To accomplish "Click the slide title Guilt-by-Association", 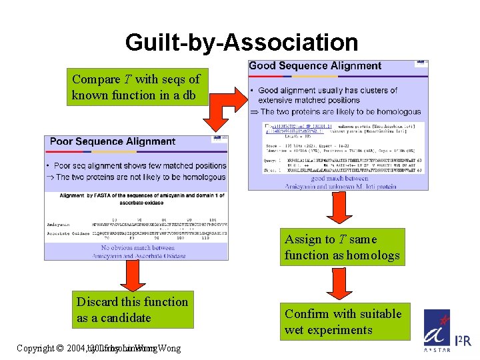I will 241,43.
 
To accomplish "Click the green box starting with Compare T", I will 135,87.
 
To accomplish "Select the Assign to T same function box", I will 342,247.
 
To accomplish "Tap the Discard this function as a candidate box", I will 133,310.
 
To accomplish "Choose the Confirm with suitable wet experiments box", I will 343,321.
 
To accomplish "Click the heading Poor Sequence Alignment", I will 113,141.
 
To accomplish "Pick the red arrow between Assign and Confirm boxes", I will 341,285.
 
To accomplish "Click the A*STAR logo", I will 437,341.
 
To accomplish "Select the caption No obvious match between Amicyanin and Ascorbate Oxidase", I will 139,252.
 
